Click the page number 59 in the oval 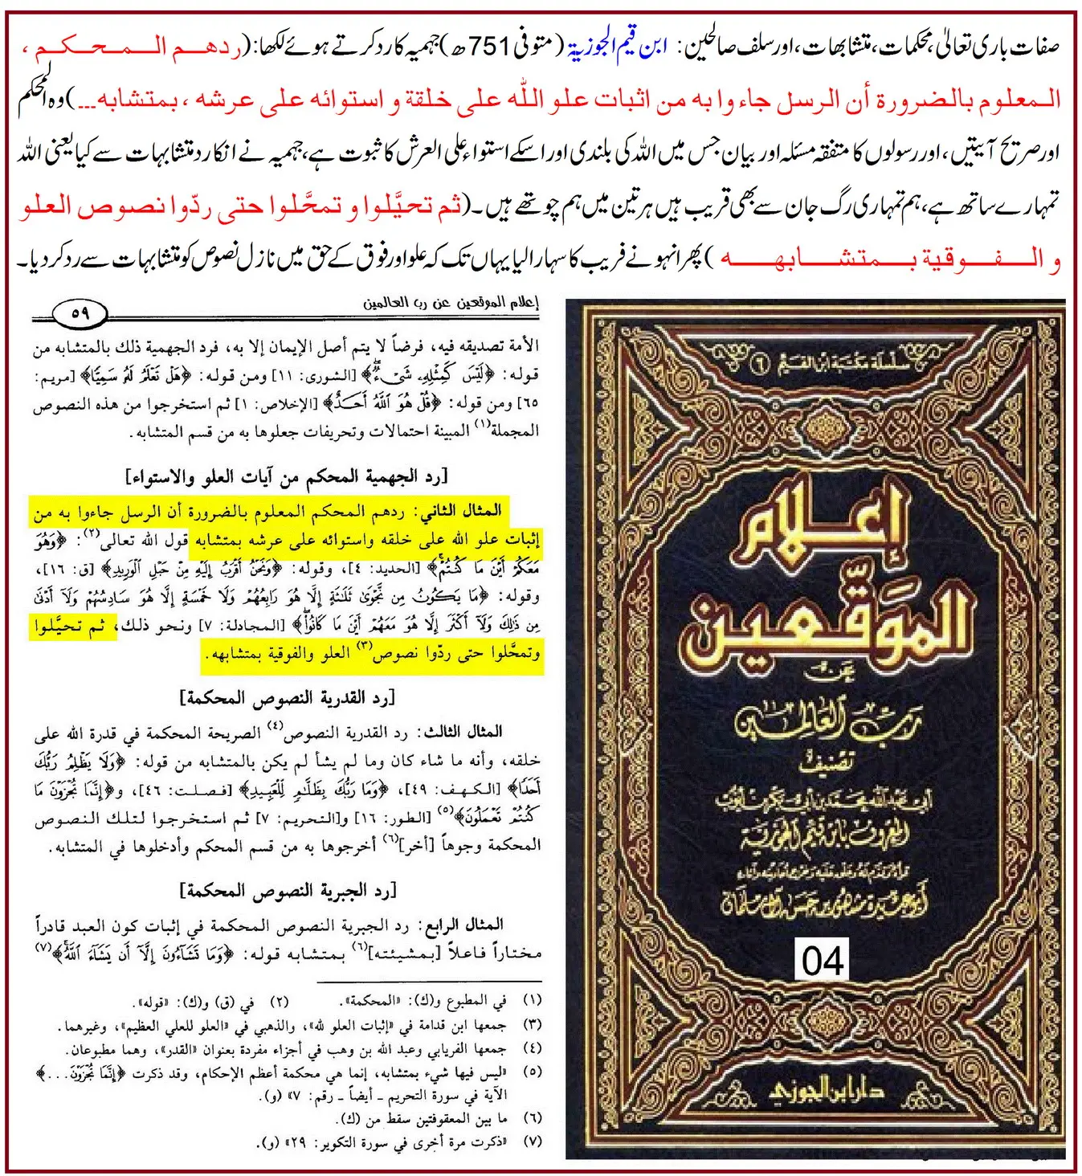[80, 313]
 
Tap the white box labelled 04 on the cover [823, 961]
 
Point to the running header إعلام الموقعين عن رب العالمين [451, 303]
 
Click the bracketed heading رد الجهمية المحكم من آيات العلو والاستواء [287, 477]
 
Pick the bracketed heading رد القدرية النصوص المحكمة [288, 696]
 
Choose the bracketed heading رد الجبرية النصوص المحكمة [288, 890]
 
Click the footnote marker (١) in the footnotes [532, 1001]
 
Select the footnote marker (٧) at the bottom [532, 1141]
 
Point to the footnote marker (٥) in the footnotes [532, 1072]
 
